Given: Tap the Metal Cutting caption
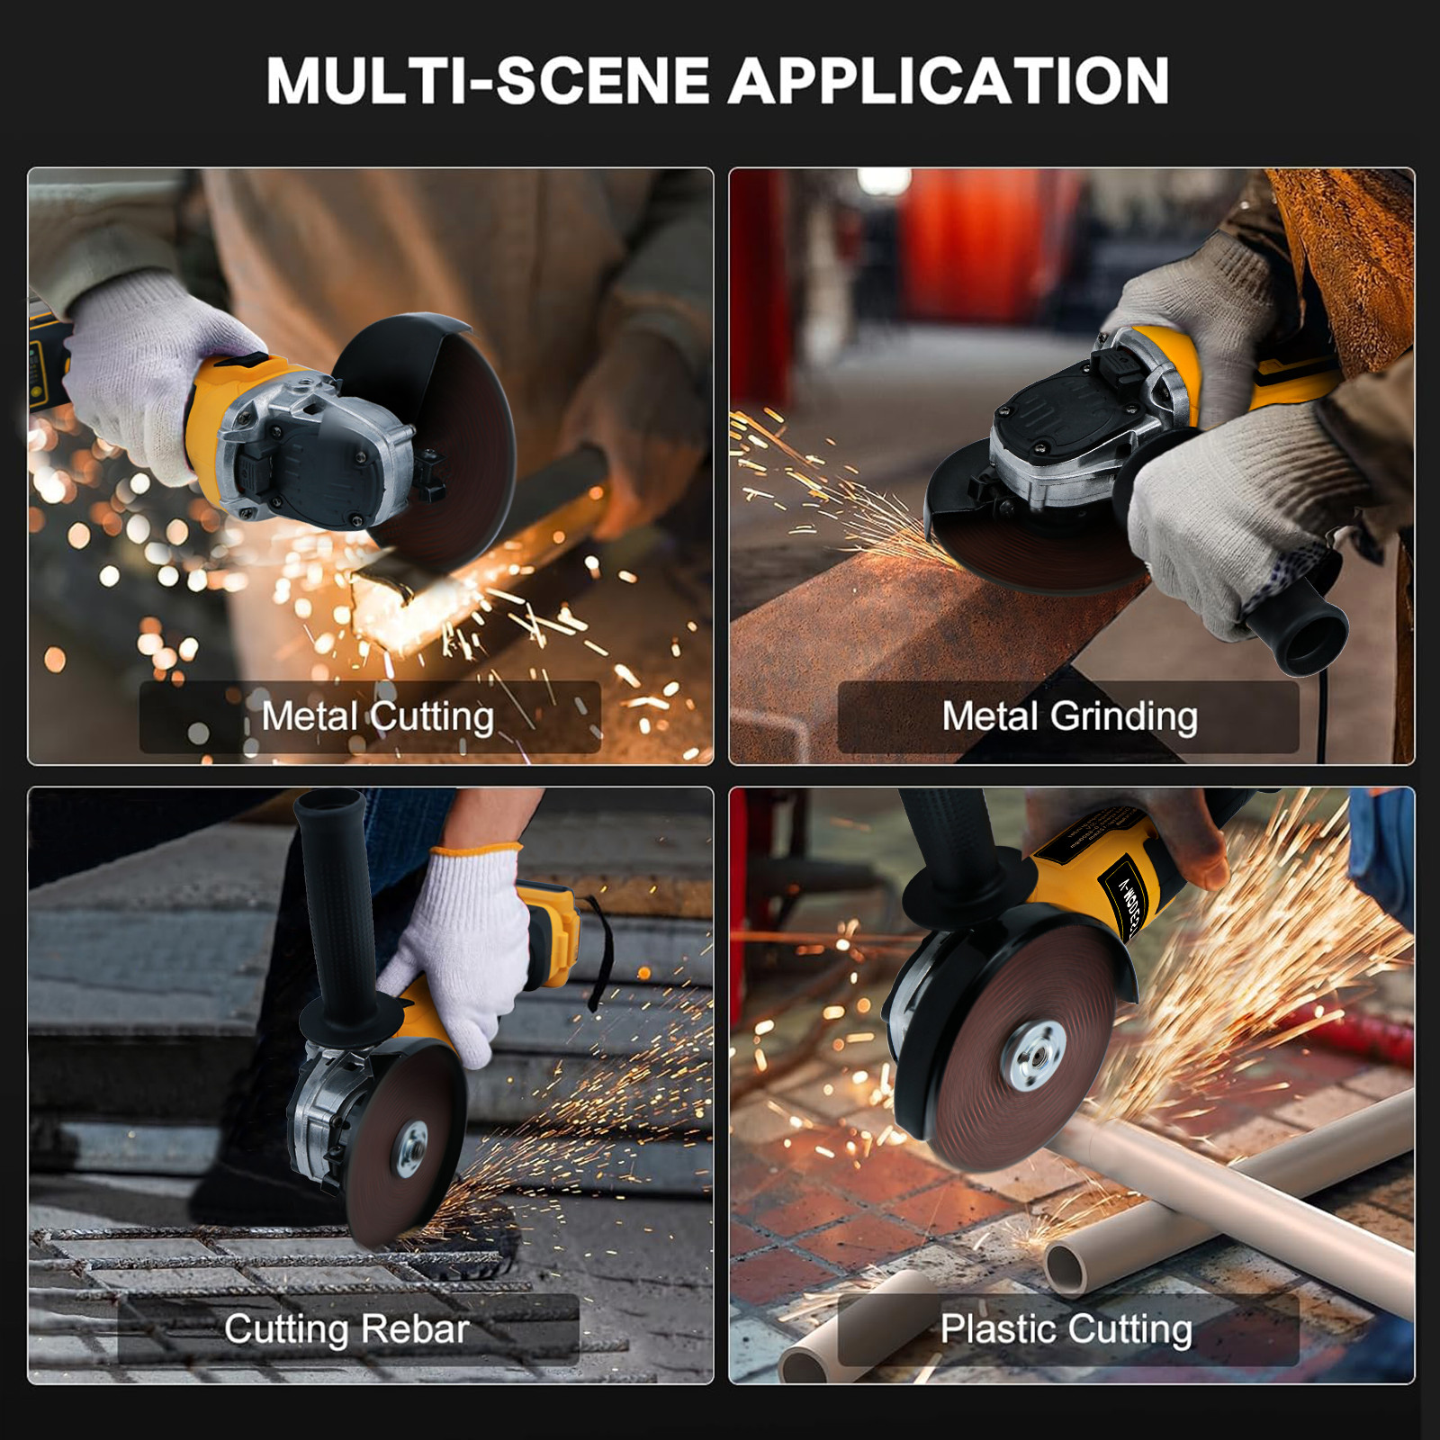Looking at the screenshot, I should click(377, 716).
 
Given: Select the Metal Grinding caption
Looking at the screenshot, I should click(1069, 716).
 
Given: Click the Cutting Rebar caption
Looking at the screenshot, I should click(346, 1328).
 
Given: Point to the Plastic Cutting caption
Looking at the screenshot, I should click(1066, 1328).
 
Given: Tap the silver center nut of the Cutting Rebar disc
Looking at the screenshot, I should click(413, 1149).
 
